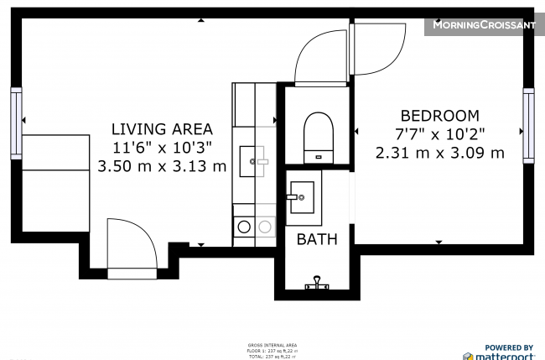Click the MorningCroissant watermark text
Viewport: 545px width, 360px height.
(x=482, y=25)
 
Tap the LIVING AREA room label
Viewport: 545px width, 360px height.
(x=162, y=129)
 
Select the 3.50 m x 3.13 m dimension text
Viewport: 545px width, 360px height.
(x=162, y=166)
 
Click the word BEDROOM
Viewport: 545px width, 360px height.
(x=439, y=116)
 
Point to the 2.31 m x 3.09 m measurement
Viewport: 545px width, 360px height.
(x=439, y=153)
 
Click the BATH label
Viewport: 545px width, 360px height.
(x=317, y=239)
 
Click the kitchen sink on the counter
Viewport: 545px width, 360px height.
(x=253, y=159)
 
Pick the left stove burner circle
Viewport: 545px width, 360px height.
(x=244, y=226)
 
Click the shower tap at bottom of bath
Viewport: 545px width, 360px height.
(x=317, y=284)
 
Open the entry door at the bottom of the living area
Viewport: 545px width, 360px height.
(x=132, y=248)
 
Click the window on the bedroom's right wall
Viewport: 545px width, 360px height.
(x=527, y=125)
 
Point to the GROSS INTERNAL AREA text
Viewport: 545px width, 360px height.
(x=272, y=345)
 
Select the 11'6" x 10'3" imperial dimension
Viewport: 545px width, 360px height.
(x=162, y=148)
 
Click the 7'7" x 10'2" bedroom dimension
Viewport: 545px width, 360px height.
(x=439, y=134)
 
